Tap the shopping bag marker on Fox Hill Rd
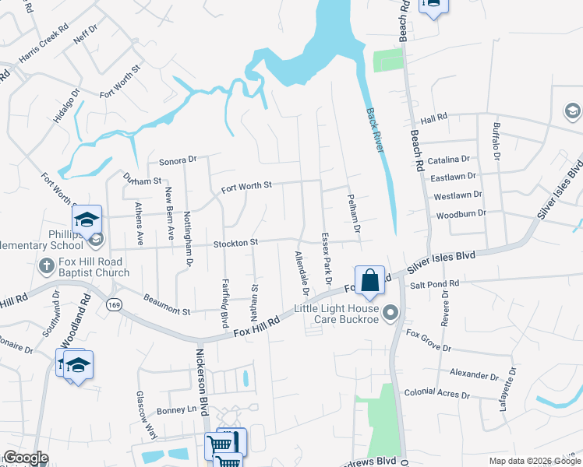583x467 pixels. point(369,281)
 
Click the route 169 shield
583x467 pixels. point(115,303)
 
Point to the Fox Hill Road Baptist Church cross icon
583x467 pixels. point(46,266)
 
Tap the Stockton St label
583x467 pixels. point(235,244)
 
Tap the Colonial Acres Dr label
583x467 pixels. point(437,395)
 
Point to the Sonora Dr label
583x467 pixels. point(178,160)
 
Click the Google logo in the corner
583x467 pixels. point(25,458)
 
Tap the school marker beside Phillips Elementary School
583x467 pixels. point(87,220)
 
